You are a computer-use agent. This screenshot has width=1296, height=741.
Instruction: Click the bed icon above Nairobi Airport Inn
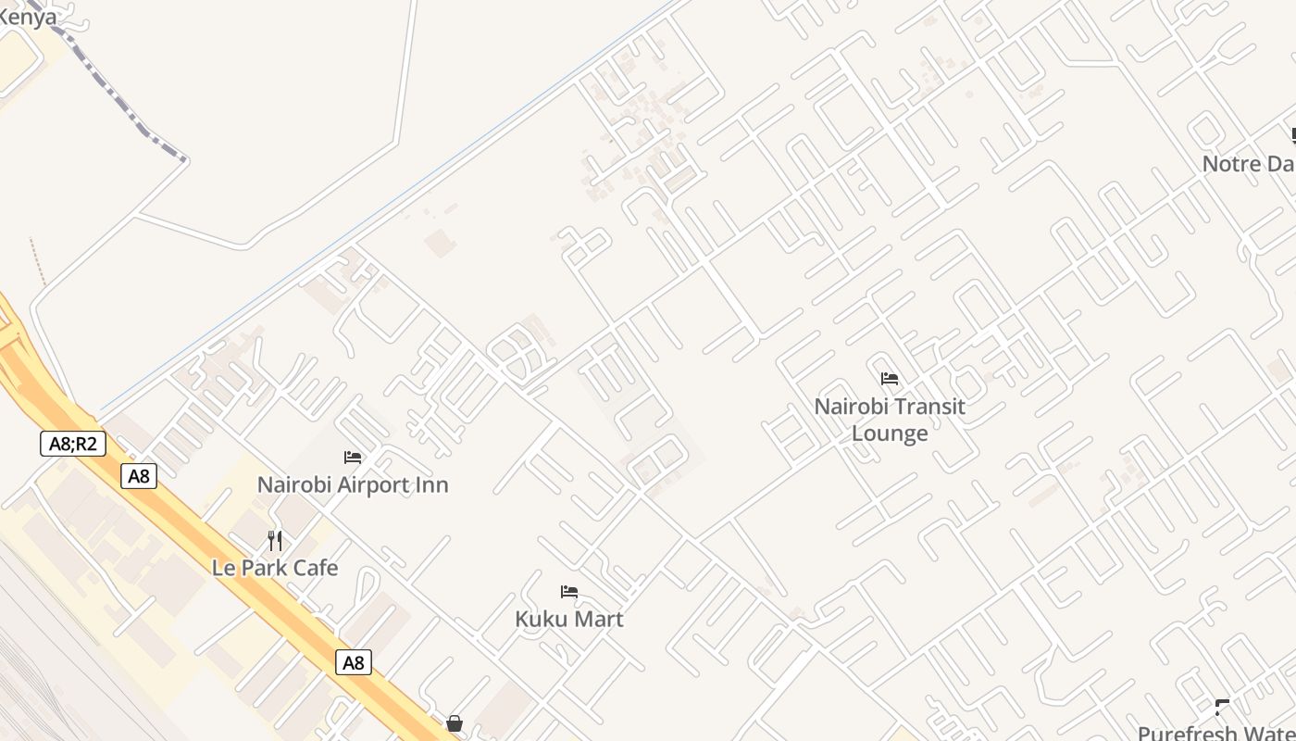[353, 457]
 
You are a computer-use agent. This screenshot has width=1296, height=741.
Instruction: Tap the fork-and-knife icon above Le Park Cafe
[275, 540]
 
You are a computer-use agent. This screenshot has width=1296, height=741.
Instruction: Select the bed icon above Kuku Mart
[569, 592]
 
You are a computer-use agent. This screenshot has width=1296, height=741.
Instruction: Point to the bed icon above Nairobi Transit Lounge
[890, 379]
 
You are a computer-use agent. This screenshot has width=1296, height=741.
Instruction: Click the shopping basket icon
[455, 722]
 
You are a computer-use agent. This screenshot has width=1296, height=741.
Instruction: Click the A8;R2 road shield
[73, 444]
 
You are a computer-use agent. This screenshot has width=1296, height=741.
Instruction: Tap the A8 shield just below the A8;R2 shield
[139, 476]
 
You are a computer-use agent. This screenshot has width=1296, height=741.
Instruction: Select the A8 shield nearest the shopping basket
[354, 662]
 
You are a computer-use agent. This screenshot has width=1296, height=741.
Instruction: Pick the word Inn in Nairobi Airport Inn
[432, 484]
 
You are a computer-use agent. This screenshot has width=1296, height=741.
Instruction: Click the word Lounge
[890, 433]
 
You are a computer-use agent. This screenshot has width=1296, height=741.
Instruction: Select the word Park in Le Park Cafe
[261, 568]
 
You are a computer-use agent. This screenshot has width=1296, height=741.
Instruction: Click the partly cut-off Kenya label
[27, 16]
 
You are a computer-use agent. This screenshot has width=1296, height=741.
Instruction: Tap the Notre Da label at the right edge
[1248, 164]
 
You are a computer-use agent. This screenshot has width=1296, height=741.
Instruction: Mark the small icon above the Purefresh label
[1223, 709]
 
